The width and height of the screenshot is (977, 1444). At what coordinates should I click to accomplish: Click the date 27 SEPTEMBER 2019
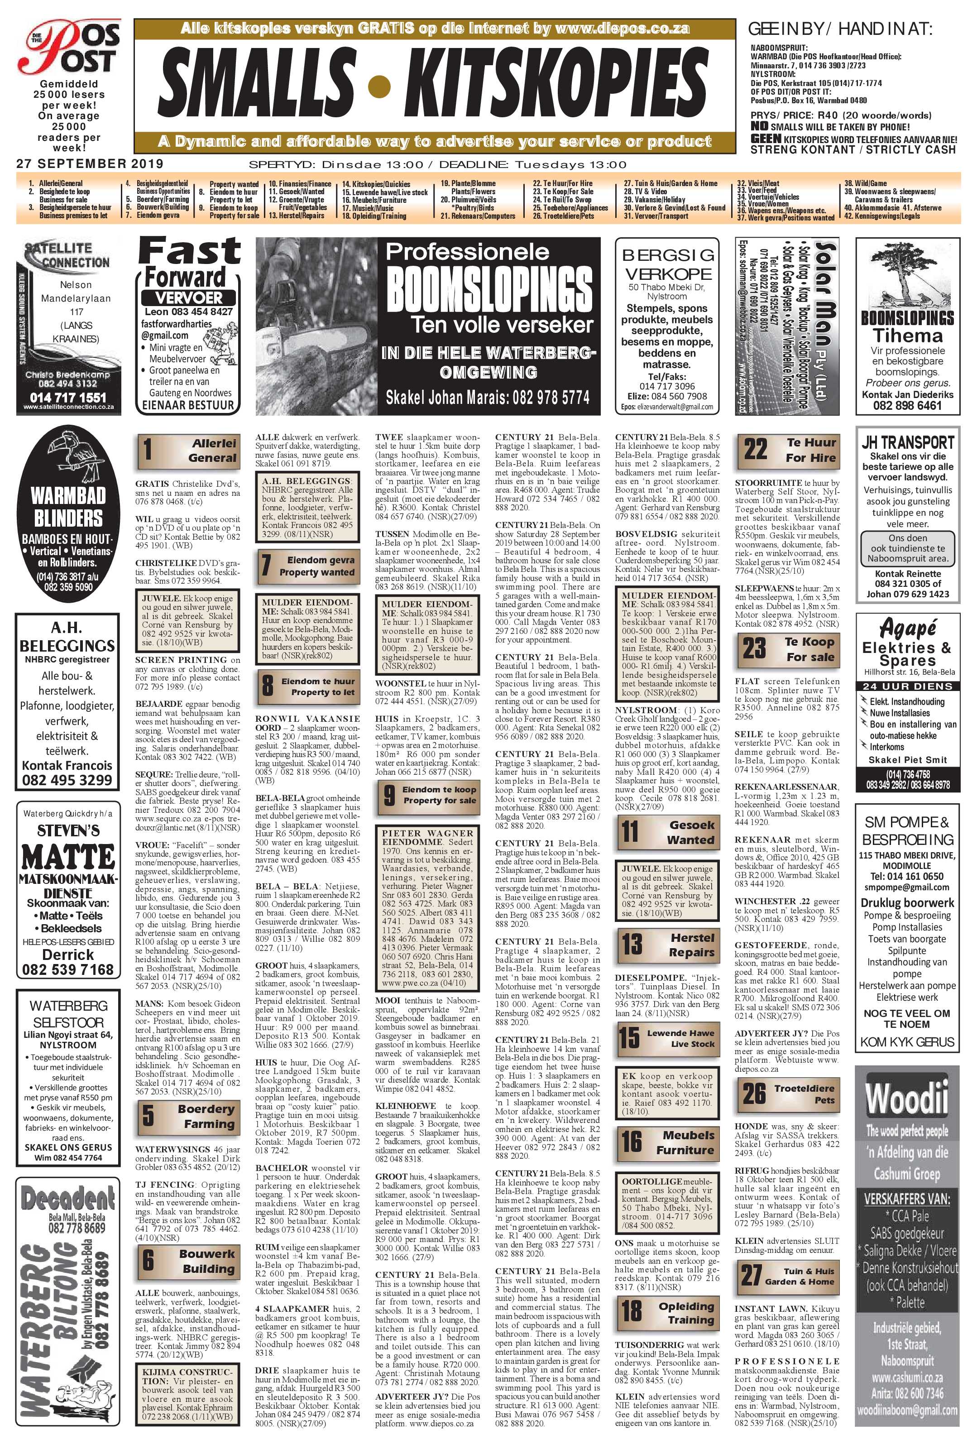pos(90,164)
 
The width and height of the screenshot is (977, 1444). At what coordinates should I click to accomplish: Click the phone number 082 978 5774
pos(550,398)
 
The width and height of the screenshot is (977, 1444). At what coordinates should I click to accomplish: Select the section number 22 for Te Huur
pos(755,449)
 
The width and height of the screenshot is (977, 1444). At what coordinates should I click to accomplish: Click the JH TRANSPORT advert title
pos(907,442)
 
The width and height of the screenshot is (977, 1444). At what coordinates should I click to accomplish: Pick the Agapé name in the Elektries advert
pos(907,628)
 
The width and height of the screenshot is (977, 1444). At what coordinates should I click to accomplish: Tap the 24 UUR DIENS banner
pos(907,686)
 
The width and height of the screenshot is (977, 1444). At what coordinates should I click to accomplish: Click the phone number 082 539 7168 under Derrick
pos(68,969)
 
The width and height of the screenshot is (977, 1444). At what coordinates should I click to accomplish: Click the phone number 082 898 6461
pos(907,406)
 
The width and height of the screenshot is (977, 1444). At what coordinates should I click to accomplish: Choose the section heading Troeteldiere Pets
pos(804,1094)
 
